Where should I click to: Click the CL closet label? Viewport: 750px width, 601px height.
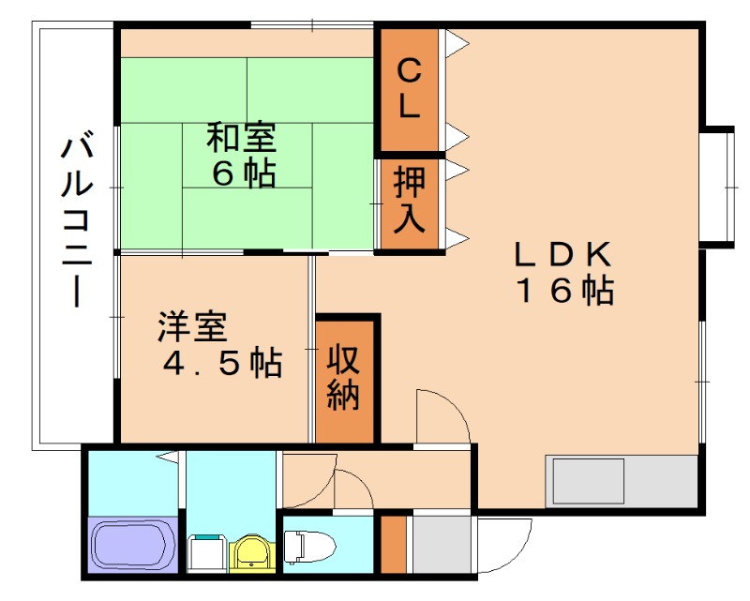coord(408,89)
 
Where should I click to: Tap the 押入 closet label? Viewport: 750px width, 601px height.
coord(409,200)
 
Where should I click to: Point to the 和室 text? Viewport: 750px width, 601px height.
coord(241,139)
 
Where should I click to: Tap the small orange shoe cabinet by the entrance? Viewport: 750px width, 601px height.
coord(394,544)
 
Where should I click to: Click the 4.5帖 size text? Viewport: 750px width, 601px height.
coord(222,363)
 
